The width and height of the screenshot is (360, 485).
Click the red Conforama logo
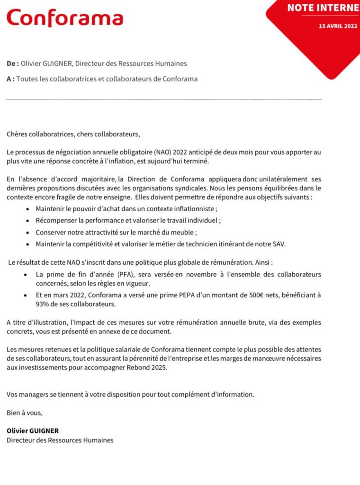(x=65, y=18)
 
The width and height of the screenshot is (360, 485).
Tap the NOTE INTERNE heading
(x=323, y=8)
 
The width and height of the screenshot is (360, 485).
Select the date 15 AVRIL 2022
(x=338, y=26)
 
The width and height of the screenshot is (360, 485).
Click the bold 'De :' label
(x=13, y=63)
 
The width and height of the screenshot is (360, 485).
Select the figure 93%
(x=44, y=304)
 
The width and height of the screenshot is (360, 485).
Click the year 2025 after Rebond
(x=160, y=368)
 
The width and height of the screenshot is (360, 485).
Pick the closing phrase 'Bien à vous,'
(x=25, y=413)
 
